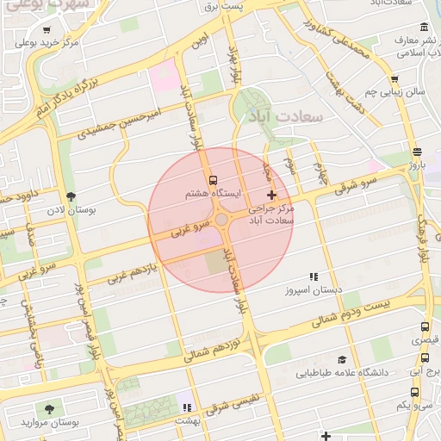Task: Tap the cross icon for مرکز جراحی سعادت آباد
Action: (273, 196)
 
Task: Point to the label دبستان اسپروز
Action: (315, 290)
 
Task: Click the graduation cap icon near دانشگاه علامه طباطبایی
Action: (342, 359)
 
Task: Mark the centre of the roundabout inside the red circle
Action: (221, 220)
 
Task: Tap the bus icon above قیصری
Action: (425, 327)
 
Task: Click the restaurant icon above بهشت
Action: (186, 407)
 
